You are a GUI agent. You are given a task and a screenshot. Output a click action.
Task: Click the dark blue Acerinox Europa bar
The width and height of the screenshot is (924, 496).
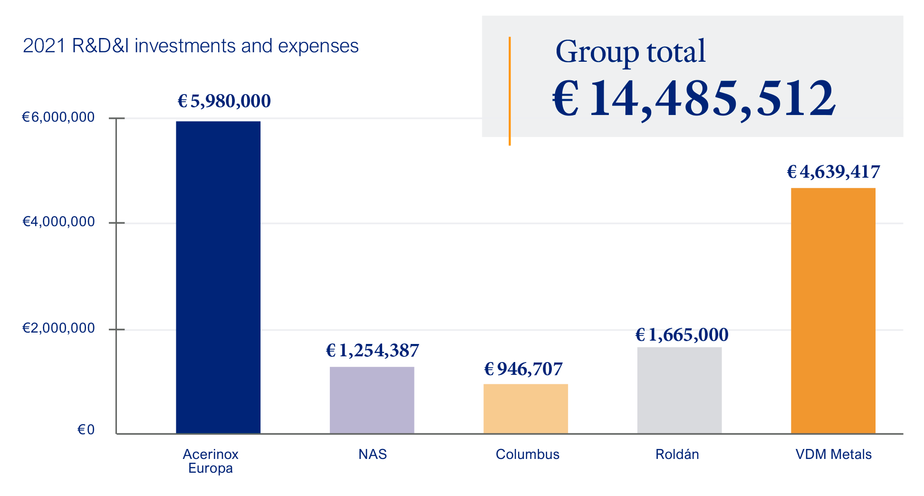click(218, 277)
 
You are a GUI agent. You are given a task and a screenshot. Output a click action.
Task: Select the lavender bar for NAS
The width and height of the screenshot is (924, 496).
click(372, 400)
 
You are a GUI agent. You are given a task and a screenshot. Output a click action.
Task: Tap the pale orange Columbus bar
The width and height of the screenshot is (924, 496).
click(526, 408)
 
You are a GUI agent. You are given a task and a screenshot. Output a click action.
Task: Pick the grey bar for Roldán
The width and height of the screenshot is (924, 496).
click(679, 390)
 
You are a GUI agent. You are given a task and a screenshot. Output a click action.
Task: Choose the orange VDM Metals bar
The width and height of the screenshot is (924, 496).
click(833, 310)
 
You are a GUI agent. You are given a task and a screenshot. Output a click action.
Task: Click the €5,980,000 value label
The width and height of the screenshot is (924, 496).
click(224, 101)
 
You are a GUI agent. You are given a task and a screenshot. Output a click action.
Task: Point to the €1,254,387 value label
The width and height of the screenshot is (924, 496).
click(372, 351)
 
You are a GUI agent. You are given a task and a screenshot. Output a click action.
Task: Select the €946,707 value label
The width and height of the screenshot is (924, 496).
click(523, 369)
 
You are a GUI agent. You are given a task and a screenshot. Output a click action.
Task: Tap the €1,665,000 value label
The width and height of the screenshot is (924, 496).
click(682, 335)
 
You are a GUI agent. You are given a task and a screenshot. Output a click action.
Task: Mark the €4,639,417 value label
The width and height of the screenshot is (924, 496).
click(833, 172)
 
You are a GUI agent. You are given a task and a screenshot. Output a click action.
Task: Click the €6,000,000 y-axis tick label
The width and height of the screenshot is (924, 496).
click(58, 117)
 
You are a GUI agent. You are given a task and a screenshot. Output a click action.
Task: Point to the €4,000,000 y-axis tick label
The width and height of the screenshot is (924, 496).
click(58, 221)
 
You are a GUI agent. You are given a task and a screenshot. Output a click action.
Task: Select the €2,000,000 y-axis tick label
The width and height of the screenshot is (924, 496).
click(58, 328)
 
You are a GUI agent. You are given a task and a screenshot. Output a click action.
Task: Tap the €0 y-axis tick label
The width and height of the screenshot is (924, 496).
click(86, 430)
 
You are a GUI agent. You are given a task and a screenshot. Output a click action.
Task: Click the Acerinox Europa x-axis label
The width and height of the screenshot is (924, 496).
click(211, 461)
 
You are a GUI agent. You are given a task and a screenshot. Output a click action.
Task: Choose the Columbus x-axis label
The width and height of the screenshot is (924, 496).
click(528, 454)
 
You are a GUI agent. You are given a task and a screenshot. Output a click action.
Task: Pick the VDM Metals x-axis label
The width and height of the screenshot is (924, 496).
click(834, 454)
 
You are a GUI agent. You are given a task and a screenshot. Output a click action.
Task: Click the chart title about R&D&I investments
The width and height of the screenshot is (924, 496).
click(191, 46)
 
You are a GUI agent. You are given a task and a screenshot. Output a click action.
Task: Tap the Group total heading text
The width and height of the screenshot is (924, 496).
click(630, 51)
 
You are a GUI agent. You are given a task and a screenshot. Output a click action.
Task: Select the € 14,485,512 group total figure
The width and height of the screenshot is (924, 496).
click(693, 98)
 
